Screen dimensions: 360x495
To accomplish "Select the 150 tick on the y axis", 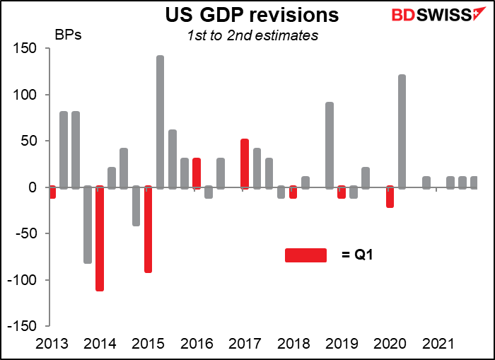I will (x=29, y=49).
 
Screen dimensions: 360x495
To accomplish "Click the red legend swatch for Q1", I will (x=305, y=255).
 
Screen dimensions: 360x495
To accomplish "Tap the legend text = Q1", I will (x=355, y=255).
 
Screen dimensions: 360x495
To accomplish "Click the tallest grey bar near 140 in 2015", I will (x=160, y=122).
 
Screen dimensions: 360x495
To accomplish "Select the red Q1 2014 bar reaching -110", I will (x=100, y=239).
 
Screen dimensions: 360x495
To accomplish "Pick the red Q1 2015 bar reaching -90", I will (x=148, y=230).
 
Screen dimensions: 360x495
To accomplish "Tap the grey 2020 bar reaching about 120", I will (x=402, y=132).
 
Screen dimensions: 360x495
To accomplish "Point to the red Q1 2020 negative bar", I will (x=390, y=197).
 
